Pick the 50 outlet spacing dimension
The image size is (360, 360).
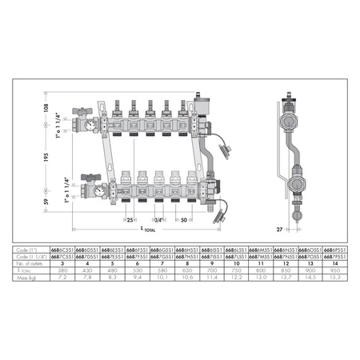tap(184, 219)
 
